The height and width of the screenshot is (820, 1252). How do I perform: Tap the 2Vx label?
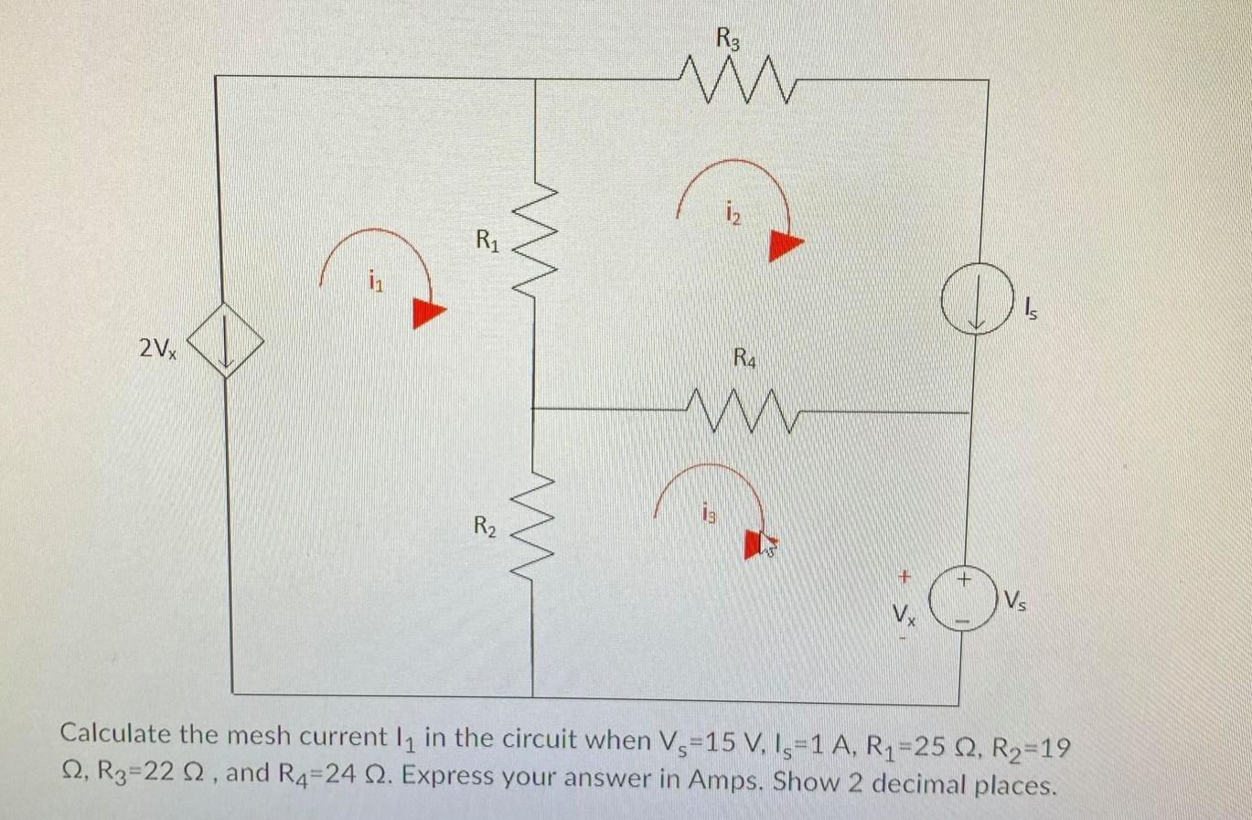pyautogui.click(x=158, y=348)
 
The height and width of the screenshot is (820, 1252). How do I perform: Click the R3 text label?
pyautogui.click(x=728, y=39)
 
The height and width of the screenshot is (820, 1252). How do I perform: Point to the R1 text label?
pyautogui.click(x=487, y=241)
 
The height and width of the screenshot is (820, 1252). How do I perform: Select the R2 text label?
pyautogui.click(x=486, y=526)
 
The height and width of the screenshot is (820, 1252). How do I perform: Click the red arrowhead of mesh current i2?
pyautogui.click(x=784, y=244)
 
